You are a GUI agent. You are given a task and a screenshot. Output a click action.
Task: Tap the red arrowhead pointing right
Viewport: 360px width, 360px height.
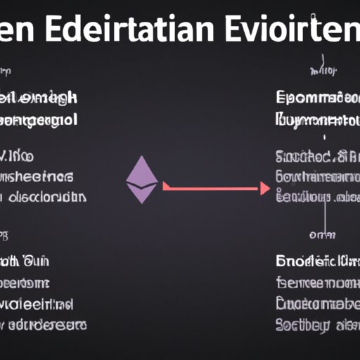(264, 188)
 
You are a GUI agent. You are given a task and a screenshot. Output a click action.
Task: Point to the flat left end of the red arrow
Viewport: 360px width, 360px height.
(164, 188)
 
